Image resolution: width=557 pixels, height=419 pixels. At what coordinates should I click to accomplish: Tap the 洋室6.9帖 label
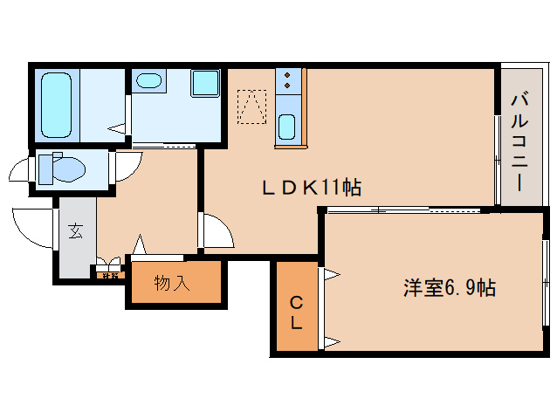[450, 287]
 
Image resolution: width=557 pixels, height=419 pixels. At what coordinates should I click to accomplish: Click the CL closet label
[296, 312]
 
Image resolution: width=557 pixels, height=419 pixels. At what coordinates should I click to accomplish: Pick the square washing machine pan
[206, 84]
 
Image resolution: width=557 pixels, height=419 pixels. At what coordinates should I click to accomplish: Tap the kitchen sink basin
[286, 127]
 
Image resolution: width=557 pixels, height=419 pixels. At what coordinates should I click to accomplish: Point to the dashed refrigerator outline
[251, 106]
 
